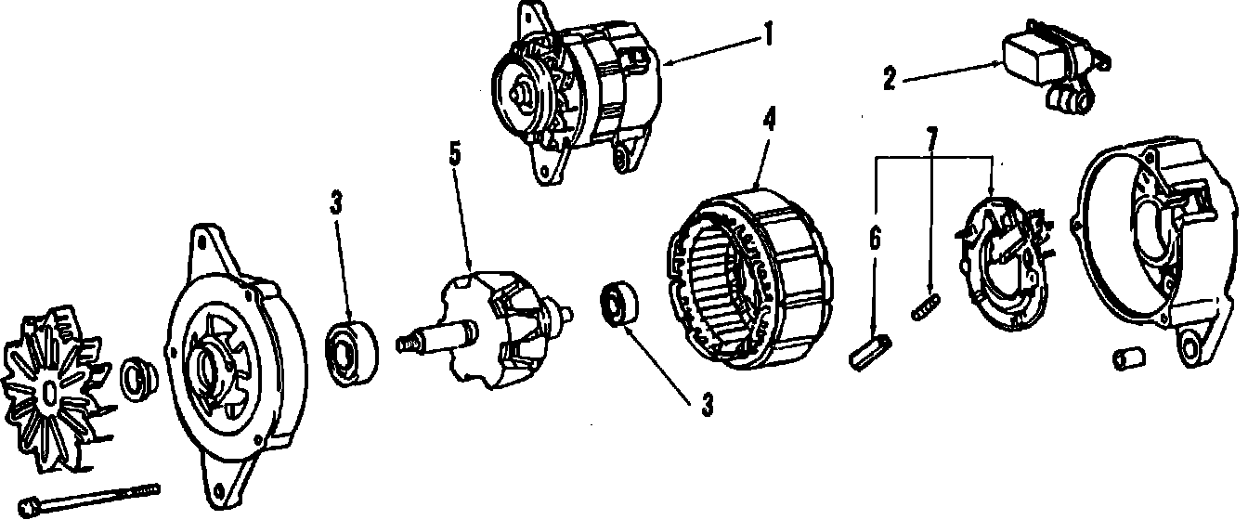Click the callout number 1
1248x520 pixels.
[x=768, y=35]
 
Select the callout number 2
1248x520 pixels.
[x=889, y=80]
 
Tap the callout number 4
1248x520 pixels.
[x=769, y=120]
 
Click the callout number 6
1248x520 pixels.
[x=873, y=239]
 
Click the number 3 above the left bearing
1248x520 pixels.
[x=336, y=203]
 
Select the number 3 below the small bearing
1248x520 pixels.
[x=708, y=404]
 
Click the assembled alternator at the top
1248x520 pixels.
[x=576, y=93]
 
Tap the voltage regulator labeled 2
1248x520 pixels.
[x=1049, y=65]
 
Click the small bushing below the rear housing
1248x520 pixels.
[x=1127, y=358]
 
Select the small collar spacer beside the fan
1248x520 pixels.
[x=137, y=374]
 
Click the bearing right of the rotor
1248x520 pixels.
[x=617, y=304]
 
